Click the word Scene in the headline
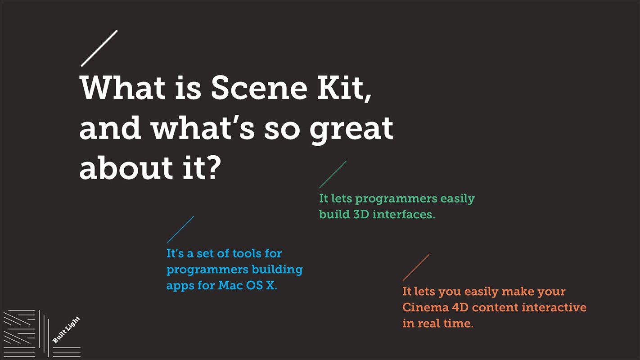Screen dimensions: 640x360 (x=259, y=88)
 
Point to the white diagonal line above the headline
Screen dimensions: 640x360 (x=99, y=48)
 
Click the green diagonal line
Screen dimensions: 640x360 (x=333, y=175)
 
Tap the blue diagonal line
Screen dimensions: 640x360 (x=180, y=229)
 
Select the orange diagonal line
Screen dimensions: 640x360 (x=416, y=268)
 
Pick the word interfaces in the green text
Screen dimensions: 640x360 (x=404, y=214)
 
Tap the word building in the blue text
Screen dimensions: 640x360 (x=277, y=270)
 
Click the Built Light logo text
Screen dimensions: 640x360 (x=66, y=330)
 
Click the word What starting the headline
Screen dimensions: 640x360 (x=123, y=87)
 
